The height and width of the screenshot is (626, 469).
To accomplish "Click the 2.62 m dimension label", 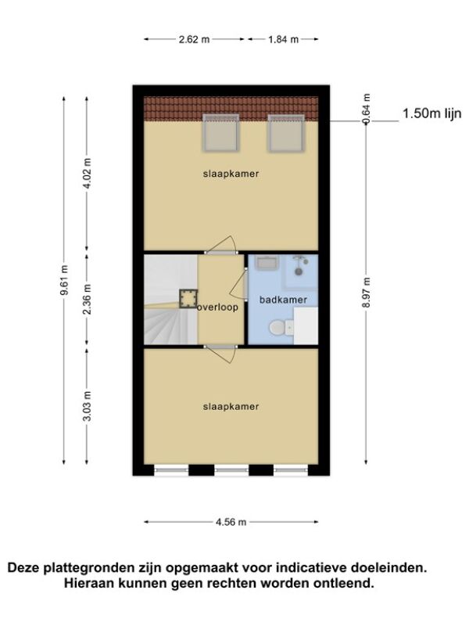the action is [x=194, y=40].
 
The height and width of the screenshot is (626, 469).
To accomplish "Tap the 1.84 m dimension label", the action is [x=283, y=40].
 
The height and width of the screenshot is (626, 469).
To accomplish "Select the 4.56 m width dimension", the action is [x=231, y=522].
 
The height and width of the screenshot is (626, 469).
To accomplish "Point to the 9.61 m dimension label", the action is [x=64, y=279].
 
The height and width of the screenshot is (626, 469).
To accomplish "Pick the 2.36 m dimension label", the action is [x=88, y=299].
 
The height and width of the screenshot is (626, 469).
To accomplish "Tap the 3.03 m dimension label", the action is [x=88, y=405].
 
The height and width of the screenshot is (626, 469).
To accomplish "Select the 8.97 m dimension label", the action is [x=367, y=292].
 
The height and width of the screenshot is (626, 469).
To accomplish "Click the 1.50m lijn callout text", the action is [x=432, y=113].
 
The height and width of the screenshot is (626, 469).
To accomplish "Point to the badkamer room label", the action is [x=283, y=300].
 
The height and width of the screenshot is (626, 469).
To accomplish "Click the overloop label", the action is [x=218, y=307].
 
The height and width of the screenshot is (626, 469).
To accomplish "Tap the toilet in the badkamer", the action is [x=281, y=328].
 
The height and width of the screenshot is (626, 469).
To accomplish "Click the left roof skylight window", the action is [x=221, y=133].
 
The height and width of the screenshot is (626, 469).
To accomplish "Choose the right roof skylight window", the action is [x=286, y=133].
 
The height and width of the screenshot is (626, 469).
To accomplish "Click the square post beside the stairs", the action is [x=188, y=299].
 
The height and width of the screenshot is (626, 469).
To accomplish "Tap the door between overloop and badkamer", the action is [x=239, y=283].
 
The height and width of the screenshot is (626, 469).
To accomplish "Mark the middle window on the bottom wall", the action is [x=231, y=470].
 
